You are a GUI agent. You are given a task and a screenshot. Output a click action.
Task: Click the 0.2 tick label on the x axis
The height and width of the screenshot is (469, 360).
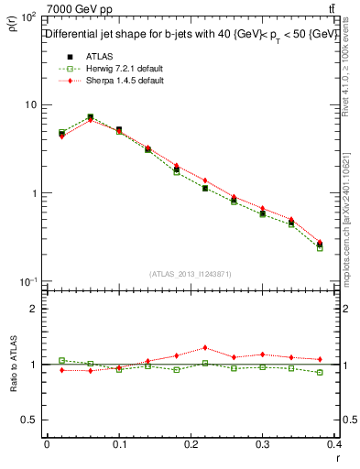(191, 445)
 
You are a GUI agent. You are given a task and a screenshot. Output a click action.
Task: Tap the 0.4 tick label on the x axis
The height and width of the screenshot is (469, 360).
(334, 445)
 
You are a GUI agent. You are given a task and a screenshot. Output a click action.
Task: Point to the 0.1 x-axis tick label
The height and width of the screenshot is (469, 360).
(118, 445)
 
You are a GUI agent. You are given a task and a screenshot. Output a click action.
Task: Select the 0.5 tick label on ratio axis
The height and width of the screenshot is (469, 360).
(27, 420)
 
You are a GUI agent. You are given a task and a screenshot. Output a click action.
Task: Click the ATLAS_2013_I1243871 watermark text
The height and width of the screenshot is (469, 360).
(191, 274)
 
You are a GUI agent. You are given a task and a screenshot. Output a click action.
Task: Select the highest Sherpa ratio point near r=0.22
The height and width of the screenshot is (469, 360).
(204, 348)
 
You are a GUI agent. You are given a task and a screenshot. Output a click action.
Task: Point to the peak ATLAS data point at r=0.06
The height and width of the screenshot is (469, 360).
(90, 117)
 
